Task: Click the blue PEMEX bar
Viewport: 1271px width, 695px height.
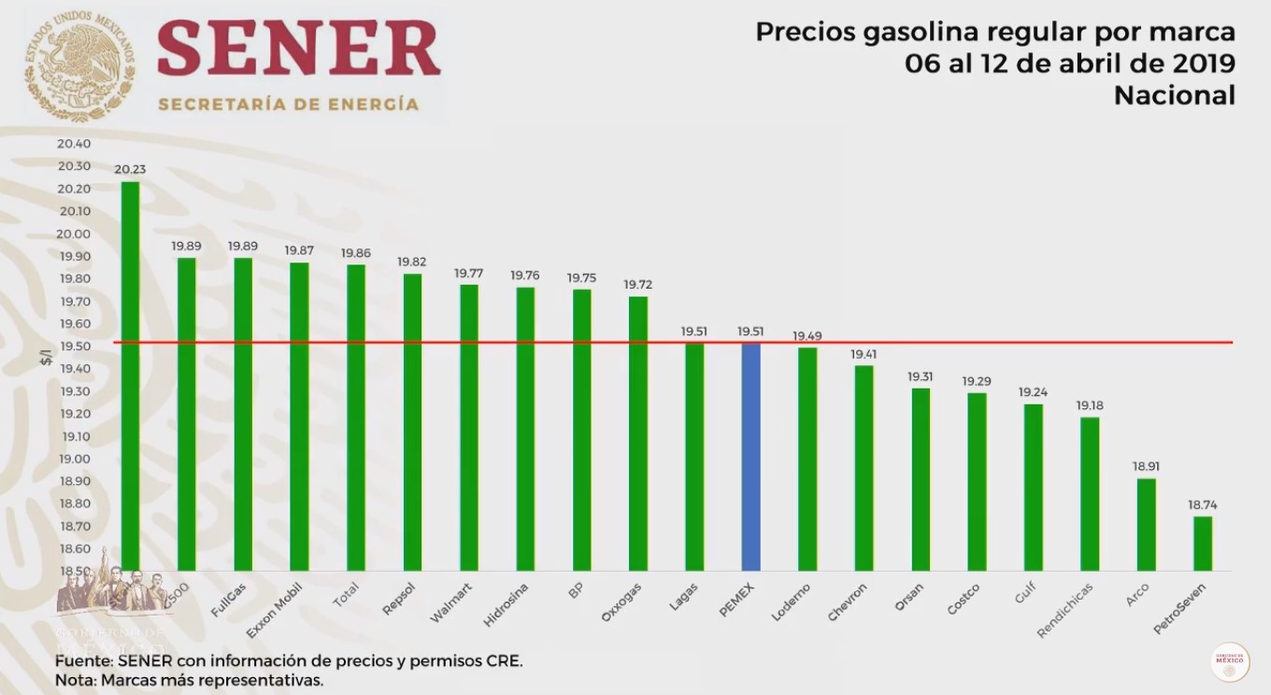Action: (750, 457)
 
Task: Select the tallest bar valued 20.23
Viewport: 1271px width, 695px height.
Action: (131, 374)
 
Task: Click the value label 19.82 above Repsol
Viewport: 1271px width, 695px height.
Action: (411, 262)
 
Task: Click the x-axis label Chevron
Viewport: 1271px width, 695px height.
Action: (848, 602)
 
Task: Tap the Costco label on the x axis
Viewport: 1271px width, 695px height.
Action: (963, 599)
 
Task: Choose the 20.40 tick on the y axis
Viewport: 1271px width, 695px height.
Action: (74, 144)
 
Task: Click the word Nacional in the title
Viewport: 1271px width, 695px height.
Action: (1174, 95)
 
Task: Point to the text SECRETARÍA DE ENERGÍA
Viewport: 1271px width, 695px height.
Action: (288, 104)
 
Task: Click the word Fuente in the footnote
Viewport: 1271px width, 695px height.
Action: (82, 660)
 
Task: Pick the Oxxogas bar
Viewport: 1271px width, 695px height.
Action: (638, 433)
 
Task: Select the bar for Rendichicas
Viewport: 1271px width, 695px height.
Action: (1090, 493)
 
